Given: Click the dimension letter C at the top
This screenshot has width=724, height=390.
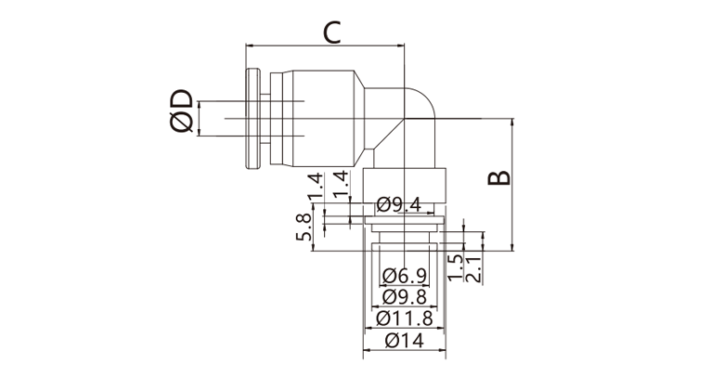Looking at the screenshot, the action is pos(332,32).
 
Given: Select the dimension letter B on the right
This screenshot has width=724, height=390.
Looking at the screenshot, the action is pos(499,178).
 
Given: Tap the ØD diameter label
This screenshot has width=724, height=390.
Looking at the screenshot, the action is pos(181,110).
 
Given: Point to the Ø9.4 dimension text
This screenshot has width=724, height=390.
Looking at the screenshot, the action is pos(398,204).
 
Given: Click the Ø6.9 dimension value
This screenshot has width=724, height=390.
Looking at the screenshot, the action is pos(405,276).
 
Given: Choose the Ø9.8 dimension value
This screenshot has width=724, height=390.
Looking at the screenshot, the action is pos(405,296).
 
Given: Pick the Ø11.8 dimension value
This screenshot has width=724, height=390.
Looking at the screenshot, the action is pos(405,318).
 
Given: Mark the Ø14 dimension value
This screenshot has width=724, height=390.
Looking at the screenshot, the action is pos(405,341).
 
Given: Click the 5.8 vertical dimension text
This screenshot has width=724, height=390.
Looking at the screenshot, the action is pos(304,227).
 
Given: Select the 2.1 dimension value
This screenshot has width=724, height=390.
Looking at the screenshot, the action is pos(474,269).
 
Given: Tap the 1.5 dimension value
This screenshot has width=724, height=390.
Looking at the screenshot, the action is pos(456,268).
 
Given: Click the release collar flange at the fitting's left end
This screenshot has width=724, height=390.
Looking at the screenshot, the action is pos(252,119).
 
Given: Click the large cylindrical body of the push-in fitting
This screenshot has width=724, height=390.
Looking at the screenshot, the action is pos(323,119).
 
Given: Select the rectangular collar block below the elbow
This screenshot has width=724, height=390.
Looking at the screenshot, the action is pos(405,186).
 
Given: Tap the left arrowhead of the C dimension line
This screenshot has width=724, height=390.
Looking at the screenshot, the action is pos(250,45).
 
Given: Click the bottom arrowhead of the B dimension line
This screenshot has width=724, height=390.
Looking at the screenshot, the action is pos(512,247).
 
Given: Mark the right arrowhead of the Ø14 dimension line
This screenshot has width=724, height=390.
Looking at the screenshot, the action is pos(442,350).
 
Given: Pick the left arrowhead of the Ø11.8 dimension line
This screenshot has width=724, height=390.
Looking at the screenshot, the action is pos(369,328).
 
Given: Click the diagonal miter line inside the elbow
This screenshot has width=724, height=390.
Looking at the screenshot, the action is pos(389,134).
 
